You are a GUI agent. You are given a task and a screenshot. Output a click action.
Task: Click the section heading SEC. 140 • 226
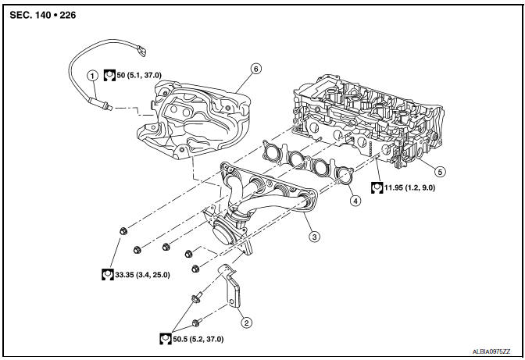(43, 15)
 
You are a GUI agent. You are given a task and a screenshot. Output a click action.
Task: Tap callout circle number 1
(92, 76)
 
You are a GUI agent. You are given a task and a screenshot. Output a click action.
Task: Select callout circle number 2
(247, 323)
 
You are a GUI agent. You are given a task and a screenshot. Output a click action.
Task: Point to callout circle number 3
(314, 237)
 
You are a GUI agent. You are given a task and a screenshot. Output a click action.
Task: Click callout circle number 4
(355, 201)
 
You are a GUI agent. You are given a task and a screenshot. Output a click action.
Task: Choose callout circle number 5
(440, 172)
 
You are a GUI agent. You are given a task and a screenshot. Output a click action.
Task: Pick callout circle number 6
(255, 69)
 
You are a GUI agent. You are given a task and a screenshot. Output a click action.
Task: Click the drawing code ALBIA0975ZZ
(491, 351)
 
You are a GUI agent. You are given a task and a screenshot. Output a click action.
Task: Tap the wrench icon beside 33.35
(108, 274)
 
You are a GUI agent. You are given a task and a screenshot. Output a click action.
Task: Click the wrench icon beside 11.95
(377, 187)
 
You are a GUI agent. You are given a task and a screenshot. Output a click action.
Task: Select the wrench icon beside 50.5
(166, 339)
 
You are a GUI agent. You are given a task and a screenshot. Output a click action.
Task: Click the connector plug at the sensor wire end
(141, 52)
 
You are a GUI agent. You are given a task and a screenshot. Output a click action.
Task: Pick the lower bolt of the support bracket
(197, 323)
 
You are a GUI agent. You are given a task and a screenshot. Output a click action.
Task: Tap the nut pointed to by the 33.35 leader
(123, 230)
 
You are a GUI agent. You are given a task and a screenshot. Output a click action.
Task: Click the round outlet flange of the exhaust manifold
(223, 232)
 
